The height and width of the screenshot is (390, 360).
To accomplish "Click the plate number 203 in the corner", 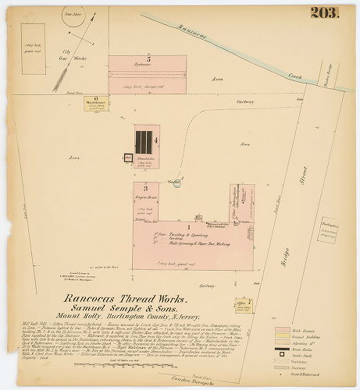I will click(323, 12).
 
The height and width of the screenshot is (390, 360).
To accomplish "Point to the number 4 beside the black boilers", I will click(157, 141).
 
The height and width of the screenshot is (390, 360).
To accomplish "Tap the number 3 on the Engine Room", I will click(145, 188).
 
